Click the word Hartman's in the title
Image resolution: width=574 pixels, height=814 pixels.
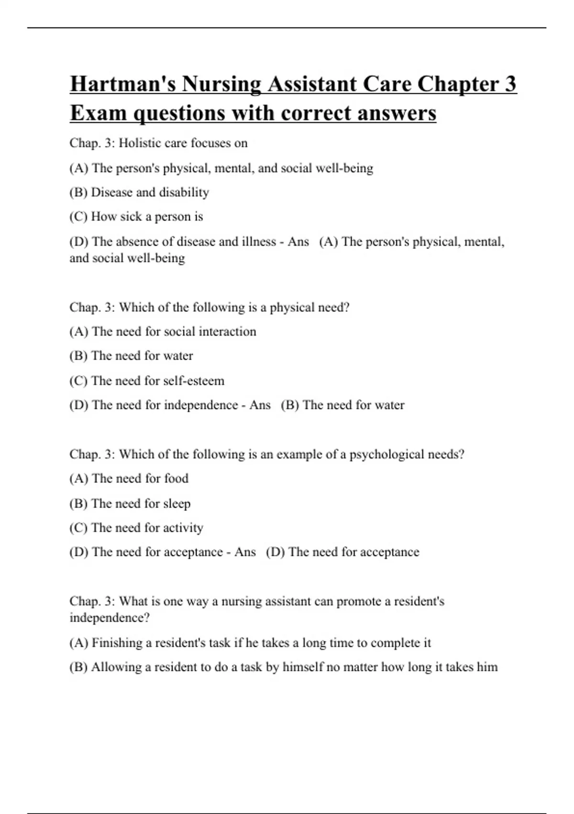click(123, 84)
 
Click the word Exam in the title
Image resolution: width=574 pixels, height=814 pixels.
click(98, 113)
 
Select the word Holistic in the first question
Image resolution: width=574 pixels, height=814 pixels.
click(140, 143)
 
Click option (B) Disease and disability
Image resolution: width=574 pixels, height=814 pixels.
click(139, 192)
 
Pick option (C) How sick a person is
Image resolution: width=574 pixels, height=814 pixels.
click(136, 217)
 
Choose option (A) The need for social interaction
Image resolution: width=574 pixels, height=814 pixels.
click(163, 332)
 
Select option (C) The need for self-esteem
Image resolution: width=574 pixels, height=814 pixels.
click(147, 381)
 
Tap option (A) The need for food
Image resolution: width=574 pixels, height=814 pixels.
click(129, 479)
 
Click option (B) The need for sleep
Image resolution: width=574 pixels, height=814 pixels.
click(130, 504)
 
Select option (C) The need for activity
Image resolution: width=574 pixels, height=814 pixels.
click(136, 528)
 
